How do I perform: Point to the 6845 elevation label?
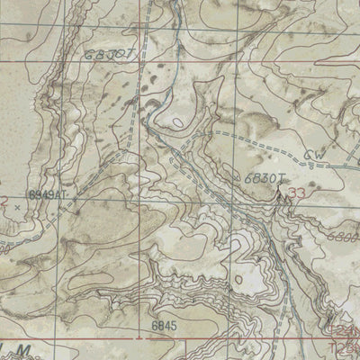(x=164, y=325)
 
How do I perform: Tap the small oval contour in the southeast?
(x=238, y=280)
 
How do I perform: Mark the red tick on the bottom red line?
(x=142, y=339)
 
